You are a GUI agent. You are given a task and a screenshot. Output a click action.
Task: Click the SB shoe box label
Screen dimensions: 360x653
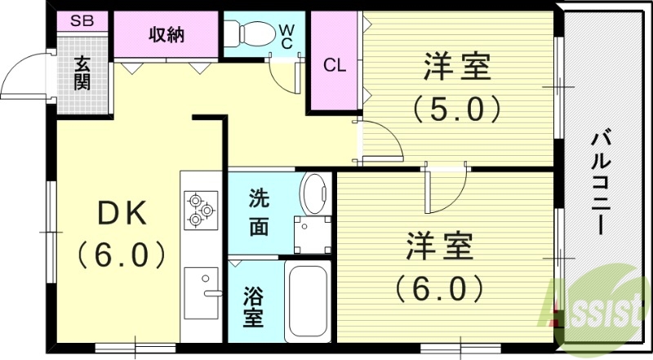click(x=81, y=20)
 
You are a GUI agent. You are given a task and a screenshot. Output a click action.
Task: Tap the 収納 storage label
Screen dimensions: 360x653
click(x=166, y=35)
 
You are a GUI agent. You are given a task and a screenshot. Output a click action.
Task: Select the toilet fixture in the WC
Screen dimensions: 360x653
click(x=246, y=33)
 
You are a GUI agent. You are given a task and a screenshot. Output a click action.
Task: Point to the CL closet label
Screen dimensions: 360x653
click(x=335, y=65)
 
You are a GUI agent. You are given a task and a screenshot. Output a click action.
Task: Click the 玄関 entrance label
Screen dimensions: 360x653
click(x=82, y=73)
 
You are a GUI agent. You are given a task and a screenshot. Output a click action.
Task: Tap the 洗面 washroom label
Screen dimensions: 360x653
click(x=259, y=212)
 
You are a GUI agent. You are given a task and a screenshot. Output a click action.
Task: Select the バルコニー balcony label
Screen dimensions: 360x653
click(x=602, y=181)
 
